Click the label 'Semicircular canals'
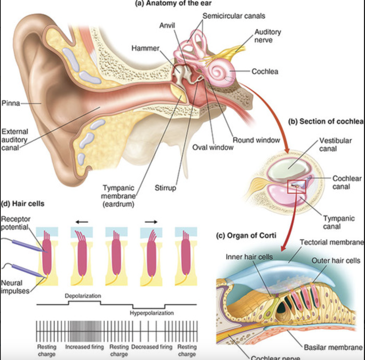click(234, 16)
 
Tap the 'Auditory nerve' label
click(267, 36)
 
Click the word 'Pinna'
click(11, 103)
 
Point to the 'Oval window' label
click(213, 148)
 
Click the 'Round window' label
click(256, 140)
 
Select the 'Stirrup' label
click(165, 188)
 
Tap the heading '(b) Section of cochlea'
click(326, 122)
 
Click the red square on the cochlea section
click(297, 187)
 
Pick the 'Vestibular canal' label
click(335, 144)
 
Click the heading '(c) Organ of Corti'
click(246, 236)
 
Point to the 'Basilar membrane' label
click(333, 347)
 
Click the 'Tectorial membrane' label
click(332, 242)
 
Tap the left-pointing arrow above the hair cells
click(82, 222)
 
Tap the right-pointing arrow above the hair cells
click(151, 222)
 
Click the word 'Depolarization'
click(83, 296)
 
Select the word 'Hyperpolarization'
click(152, 313)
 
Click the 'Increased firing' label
click(84, 347)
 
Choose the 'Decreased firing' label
click(152, 347)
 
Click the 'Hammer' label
click(145, 48)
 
